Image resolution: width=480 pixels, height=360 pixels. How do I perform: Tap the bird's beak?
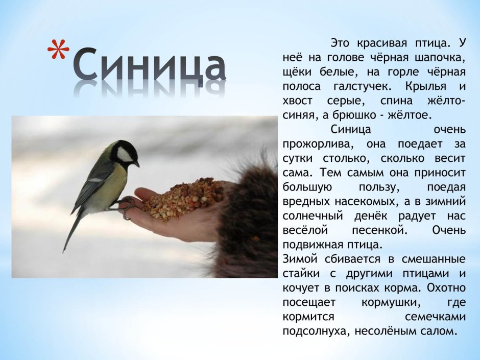point(136,164)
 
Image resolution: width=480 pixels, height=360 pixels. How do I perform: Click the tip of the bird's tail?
point(64,250)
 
